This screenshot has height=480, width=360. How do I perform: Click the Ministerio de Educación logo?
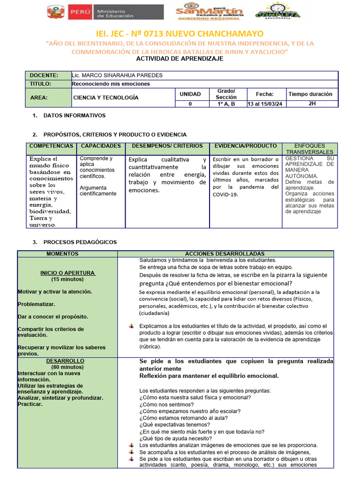point(105,12)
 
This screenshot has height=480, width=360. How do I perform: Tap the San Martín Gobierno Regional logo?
point(210,12)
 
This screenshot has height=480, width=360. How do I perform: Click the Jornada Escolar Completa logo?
point(278,11)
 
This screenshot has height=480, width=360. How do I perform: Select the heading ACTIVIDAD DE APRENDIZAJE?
point(180,59)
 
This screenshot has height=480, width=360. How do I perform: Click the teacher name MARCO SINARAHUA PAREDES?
point(118,75)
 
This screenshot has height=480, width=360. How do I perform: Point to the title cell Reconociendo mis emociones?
point(111,84)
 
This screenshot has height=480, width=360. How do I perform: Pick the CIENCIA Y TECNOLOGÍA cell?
point(106,97)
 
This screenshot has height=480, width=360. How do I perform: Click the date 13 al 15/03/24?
point(266,104)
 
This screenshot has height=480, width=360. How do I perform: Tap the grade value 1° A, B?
point(226,104)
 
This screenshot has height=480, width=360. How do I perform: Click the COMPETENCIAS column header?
point(51,146)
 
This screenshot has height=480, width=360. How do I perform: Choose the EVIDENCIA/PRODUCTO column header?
point(245,146)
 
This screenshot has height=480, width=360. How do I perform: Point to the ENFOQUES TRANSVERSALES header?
point(309,149)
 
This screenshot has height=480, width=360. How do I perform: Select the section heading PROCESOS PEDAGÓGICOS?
point(80,242)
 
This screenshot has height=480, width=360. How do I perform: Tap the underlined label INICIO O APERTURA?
point(67,273)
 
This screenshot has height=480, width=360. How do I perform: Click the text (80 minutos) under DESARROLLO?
point(67,367)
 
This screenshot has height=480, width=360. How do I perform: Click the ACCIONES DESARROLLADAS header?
point(225,254)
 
